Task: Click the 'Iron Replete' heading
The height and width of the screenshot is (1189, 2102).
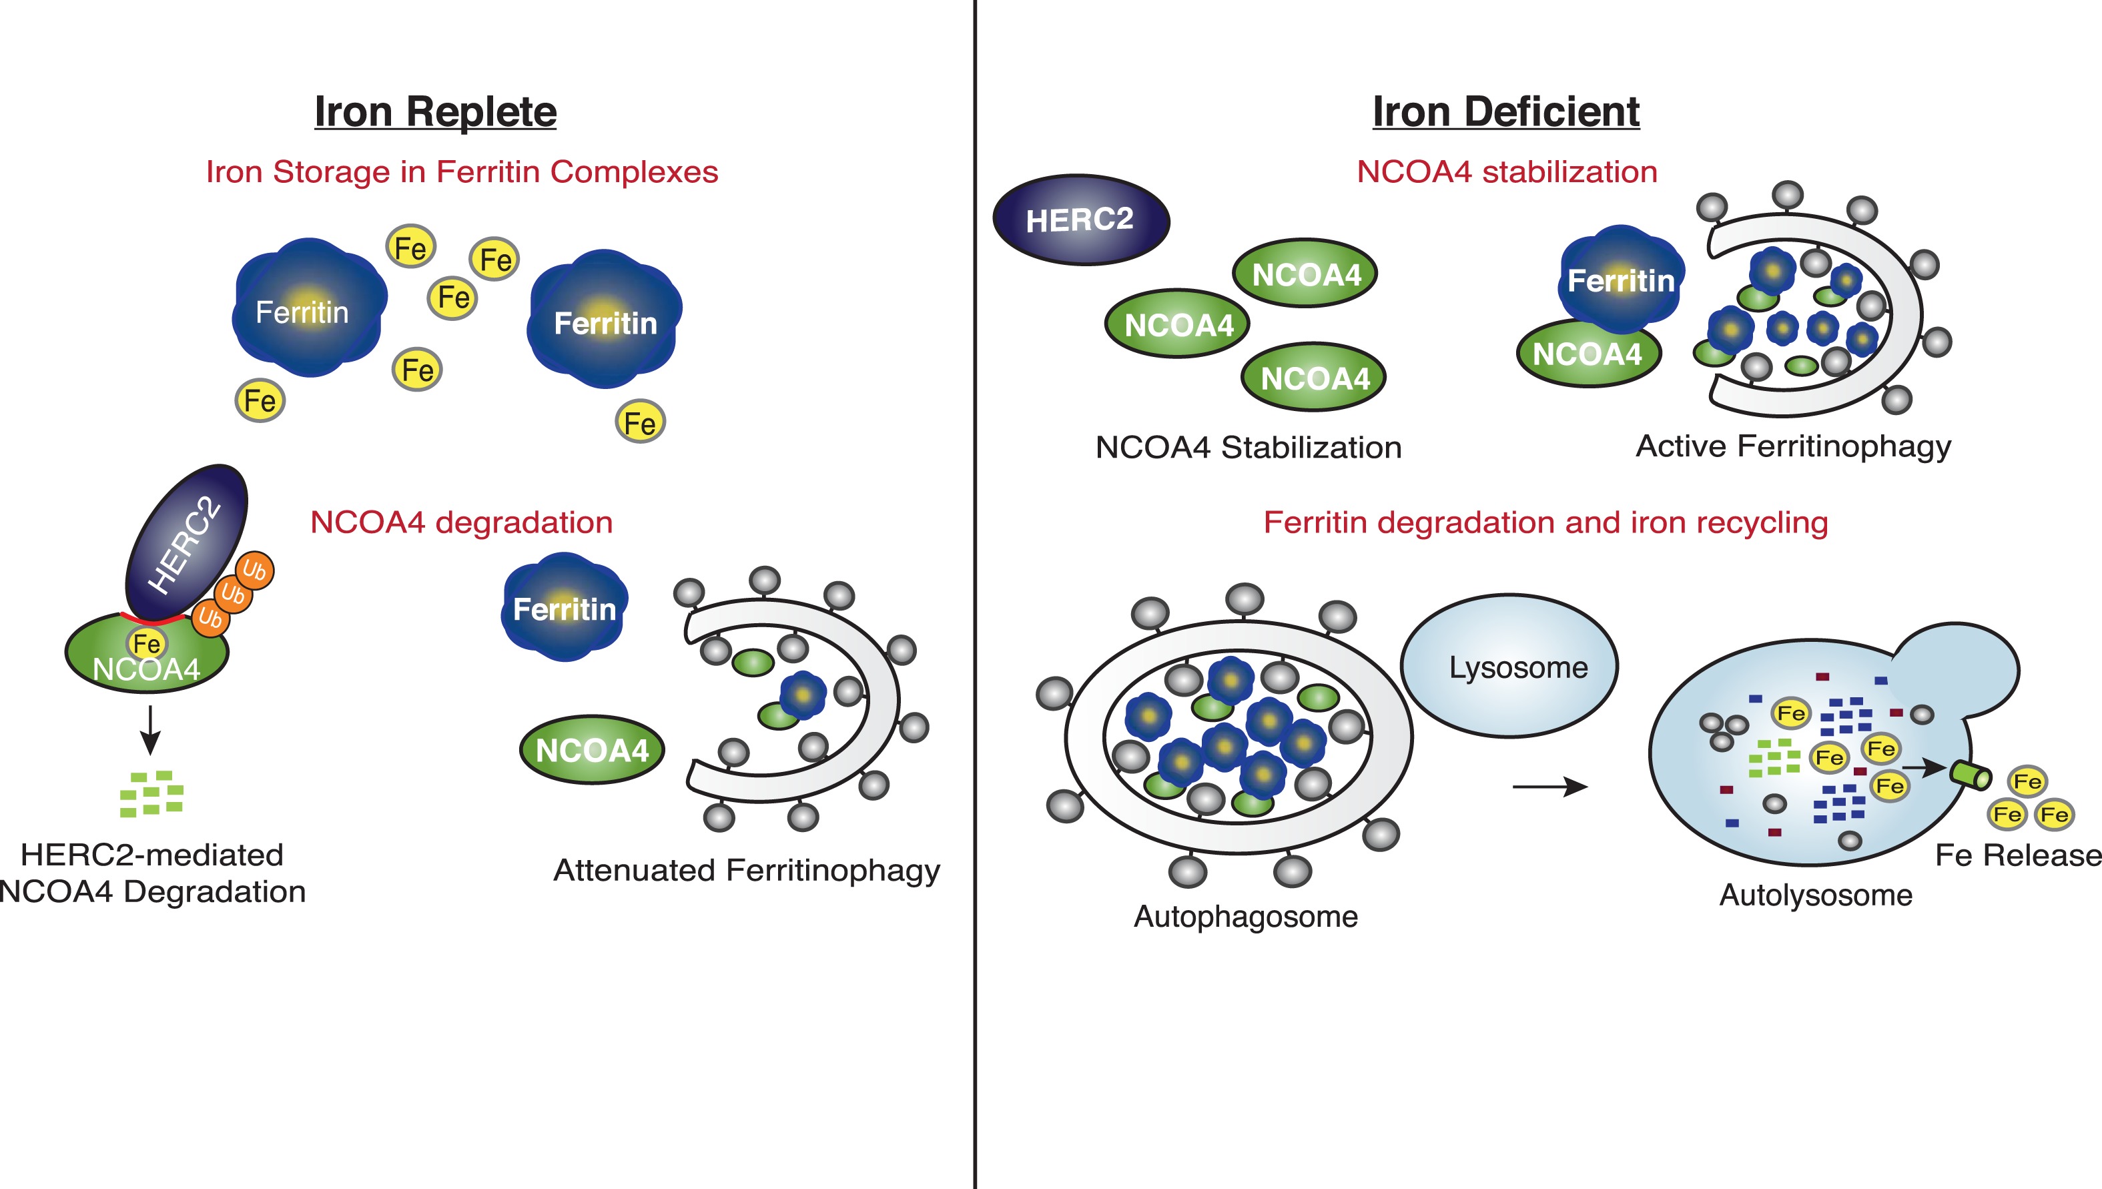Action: [435, 112]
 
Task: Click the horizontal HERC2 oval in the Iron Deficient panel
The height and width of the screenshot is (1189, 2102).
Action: [1080, 220]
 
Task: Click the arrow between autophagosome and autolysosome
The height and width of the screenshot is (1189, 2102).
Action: [1549, 787]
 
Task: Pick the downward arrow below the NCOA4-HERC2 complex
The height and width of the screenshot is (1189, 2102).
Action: [150, 729]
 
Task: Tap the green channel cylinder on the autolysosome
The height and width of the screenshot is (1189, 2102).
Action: [1971, 774]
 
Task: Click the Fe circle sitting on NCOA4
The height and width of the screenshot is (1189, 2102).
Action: [147, 643]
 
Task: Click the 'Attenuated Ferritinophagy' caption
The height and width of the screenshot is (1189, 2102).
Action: [747, 871]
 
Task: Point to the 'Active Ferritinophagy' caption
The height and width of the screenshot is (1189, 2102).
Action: [1793, 446]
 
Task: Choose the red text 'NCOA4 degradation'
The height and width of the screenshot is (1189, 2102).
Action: [461, 522]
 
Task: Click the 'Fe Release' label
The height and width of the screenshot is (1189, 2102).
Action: [2017, 855]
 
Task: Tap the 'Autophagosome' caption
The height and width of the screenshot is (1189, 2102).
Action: [1245, 916]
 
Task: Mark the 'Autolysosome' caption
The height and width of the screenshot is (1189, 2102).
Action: [1815, 895]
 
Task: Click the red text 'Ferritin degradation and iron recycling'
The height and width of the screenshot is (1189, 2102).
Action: [1545, 522]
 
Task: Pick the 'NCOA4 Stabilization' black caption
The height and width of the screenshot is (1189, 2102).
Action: [1248, 448]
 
